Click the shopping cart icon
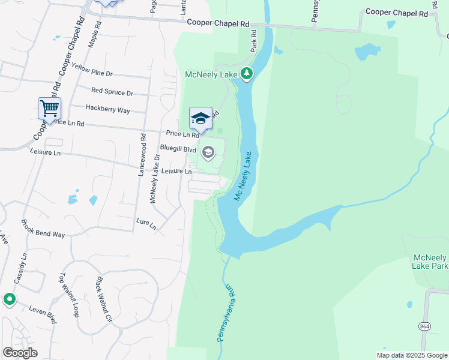pos(49,109)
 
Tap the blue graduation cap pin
pos(201,118)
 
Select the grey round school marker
pos(208,152)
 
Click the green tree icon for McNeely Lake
pos(246,74)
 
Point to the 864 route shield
pos(425,326)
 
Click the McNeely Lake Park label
pos(431,262)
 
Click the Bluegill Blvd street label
pos(178,148)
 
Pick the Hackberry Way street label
pos(107,110)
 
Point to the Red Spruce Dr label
pos(112,92)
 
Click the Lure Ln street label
pos(146,224)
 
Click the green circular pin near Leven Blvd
pos(9,299)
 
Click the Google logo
pos(20,353)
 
